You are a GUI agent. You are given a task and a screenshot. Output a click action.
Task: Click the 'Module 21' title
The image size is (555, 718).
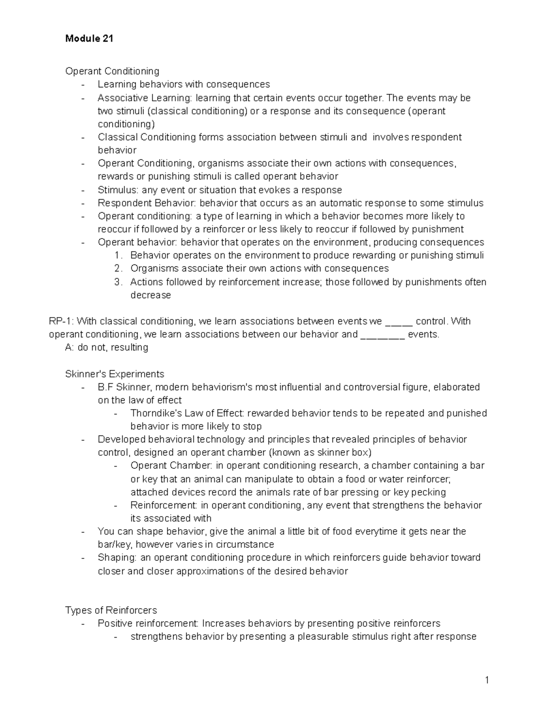click(x=89, y=39)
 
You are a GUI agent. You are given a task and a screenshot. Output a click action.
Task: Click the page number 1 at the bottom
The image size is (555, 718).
click(x=487, y=680)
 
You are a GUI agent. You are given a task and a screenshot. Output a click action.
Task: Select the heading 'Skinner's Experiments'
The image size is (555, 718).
click(x=115, y=374)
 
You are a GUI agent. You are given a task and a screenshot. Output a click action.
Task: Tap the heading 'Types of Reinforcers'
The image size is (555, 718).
click(x=111, y=610)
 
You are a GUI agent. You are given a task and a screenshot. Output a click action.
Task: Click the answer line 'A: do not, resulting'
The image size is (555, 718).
click(x=107, y=347)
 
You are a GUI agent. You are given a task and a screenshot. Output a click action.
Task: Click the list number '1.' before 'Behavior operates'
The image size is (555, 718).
click(x=118, y=256)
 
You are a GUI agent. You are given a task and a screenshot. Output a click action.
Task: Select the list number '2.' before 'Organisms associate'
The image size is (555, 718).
click(x=118, y=269)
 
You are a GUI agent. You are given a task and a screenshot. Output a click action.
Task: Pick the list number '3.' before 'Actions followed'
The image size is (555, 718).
click(x=118, y=282)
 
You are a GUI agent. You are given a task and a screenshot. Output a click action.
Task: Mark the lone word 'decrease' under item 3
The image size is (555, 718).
click(x=150, y=295)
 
